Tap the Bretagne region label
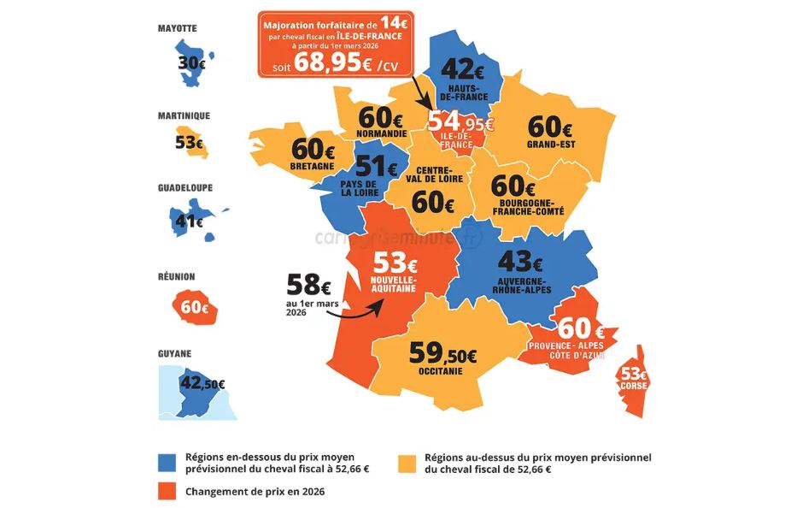311,166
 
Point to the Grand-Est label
551,145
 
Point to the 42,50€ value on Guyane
198,384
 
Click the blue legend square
168,463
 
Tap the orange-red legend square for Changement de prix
168,492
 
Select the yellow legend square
408,463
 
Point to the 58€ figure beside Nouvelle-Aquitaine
308,282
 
